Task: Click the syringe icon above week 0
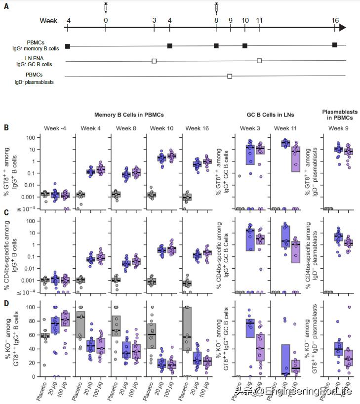point(106,8)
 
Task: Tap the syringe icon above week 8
point(216,8)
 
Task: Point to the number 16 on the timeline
point(335,20)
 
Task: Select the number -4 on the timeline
point(68,20)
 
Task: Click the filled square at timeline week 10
point(245,46)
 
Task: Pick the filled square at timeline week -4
point(68,46)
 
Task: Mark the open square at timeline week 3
point(154,61)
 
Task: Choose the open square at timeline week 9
point(230,76)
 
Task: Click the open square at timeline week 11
point(259,61)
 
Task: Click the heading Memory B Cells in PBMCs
point(129,115)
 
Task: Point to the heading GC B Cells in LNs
point(270,115)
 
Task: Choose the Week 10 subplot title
point(160,128)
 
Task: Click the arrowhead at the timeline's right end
point(343,28)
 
